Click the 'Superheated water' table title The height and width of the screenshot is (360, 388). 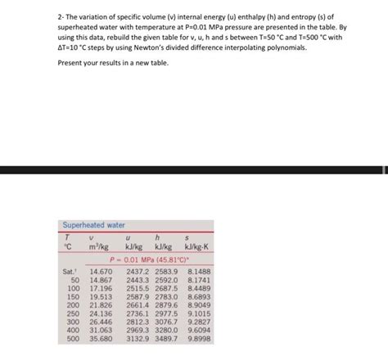[x=94, y=225]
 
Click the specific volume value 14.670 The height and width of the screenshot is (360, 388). [x=101, y=271]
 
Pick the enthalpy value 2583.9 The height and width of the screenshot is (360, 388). [x=166, y=271]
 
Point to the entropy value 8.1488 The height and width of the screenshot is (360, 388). [x=199, y=271]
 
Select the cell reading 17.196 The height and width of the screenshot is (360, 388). [x=101, y=288]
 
